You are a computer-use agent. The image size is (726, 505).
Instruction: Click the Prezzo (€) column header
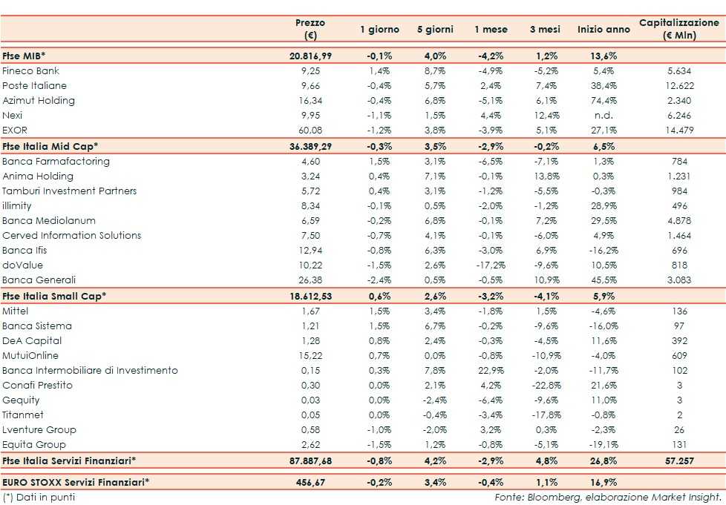(310, 29)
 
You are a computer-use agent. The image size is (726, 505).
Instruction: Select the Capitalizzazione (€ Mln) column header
(678, 29)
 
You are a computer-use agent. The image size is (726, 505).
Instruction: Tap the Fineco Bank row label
(31, 71)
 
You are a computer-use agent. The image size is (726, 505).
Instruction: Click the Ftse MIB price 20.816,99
(310, 56)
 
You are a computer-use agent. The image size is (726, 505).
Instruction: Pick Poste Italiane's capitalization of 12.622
(678, 86)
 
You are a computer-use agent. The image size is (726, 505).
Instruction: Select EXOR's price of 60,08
(317, 131)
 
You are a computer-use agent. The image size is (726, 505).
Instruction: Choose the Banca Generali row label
(39, 280)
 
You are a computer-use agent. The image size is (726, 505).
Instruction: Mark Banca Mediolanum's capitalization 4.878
(678, 220)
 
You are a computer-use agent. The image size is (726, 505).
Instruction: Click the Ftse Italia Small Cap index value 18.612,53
(310, 295)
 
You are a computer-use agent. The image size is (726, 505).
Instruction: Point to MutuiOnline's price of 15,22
(317, 355)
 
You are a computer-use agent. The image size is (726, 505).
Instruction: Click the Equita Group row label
(34, 444)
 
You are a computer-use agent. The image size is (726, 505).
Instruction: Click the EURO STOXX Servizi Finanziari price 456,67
(315, 481)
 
